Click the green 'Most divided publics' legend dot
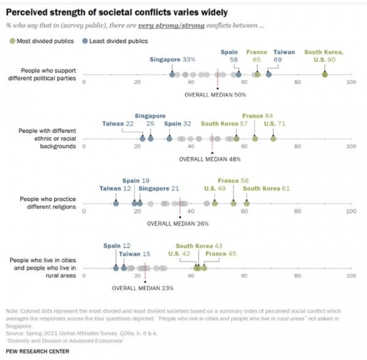point(12,41)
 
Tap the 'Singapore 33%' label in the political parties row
point(172,59)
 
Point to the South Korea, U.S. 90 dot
point(324,75)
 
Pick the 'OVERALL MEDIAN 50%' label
point(215,95)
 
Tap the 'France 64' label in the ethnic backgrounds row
point(258,116)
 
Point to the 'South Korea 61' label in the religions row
point(266,188)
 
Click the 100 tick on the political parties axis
point(350,81)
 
